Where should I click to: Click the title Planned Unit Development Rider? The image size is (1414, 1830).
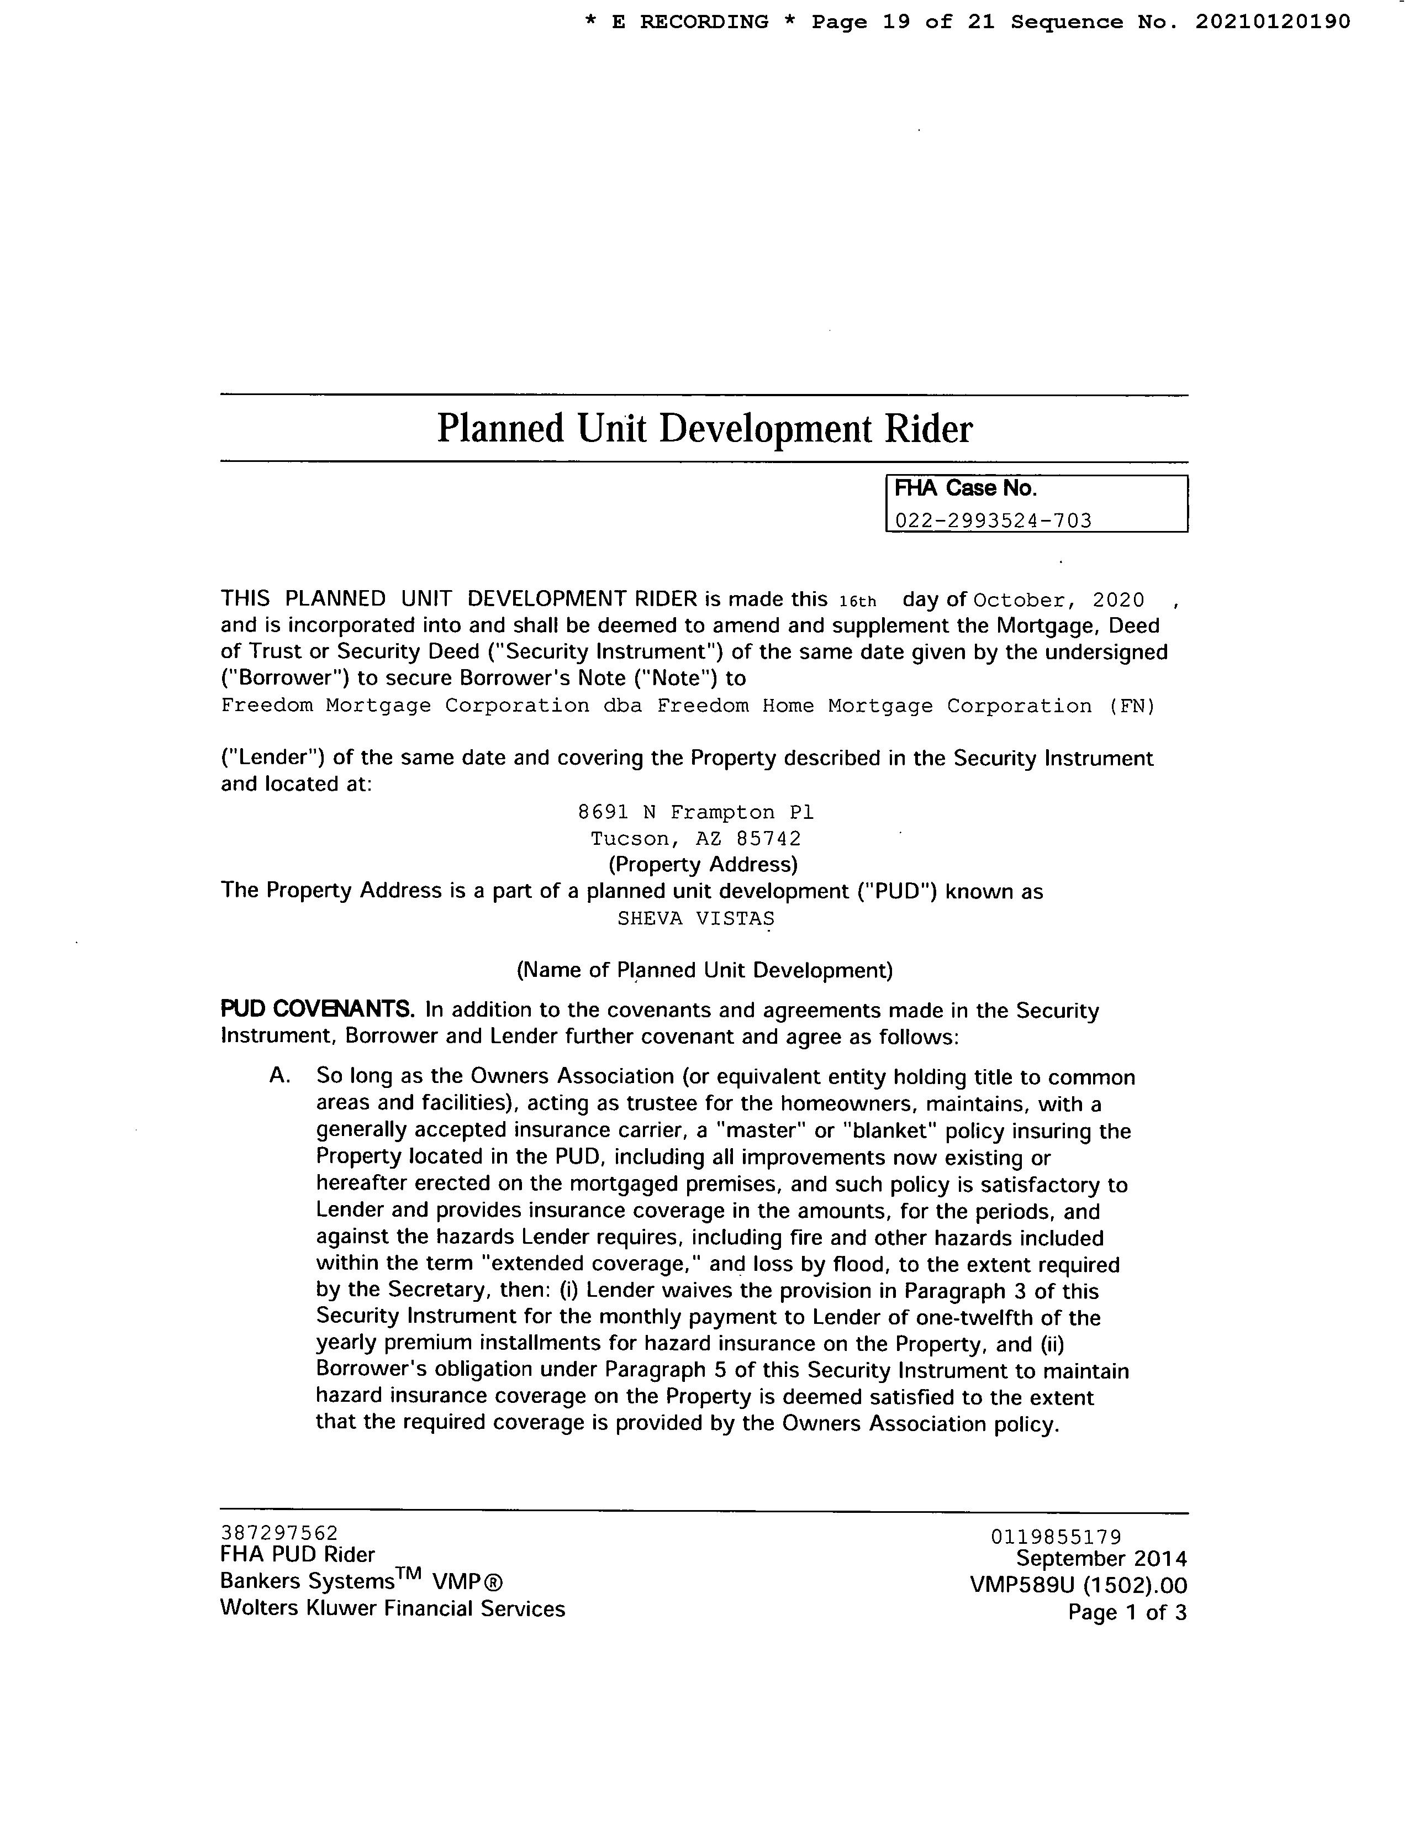(704, 429)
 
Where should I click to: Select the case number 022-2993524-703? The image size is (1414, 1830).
(994, 520)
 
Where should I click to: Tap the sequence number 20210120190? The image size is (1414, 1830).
(1273, 22)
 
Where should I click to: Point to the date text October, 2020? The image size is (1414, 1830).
(1059, 600)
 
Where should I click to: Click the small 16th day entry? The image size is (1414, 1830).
(857, 601)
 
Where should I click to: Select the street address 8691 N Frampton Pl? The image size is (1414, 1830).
(695, 812)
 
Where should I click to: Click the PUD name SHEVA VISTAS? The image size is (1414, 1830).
(695, 918)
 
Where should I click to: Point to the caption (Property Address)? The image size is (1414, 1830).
(703, 864)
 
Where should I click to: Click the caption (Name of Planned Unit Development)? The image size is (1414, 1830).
(704, 970)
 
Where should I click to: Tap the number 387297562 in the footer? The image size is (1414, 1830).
(279, 1533)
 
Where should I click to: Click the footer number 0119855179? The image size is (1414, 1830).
(1056, 1537)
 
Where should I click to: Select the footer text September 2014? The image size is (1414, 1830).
(1101, 1559)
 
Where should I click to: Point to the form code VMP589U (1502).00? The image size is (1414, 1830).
(1078, 1585)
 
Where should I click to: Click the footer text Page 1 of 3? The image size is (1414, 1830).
(1127, 1612)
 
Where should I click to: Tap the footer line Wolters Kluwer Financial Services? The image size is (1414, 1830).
(392, 1609)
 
